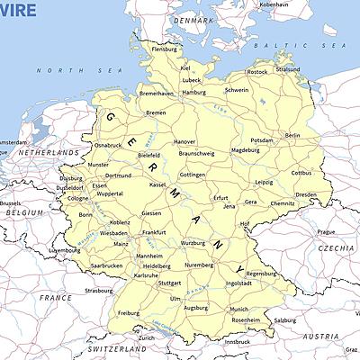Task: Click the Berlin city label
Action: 292,135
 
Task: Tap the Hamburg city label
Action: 193,92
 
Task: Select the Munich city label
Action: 238,309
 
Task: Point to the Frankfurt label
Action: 154,232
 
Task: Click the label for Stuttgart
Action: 169,283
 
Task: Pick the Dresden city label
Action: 306,194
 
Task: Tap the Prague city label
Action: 325,231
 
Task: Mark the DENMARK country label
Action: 194,20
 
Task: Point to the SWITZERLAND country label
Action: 117,347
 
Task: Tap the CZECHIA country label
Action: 336,247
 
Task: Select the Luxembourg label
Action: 65,250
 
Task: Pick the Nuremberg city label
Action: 198,265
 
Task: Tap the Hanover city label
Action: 184,141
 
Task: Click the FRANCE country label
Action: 55,296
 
